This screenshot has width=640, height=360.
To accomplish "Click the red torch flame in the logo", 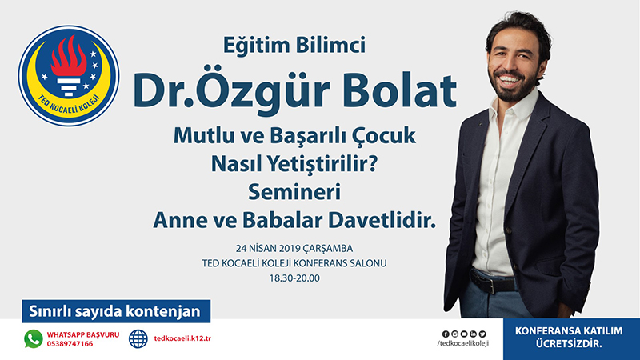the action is pyautogui.click(x=69, y=57).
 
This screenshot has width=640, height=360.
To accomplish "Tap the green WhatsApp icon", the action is pyautogui.click(x=34, y=338).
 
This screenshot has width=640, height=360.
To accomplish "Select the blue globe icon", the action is pyautogui.click(x=138, y=338).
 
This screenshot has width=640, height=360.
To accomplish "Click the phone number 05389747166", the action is pyautogui.click(x=70, y=344).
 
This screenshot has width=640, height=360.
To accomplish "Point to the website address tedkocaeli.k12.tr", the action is pyautogui.click(x=182, y=338).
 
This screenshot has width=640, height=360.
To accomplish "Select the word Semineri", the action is pyautogui.click(x=294, y=192).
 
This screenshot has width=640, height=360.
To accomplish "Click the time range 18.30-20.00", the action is pyautogui.click(x=294, y=278).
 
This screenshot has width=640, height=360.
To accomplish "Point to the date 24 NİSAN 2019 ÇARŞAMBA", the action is pyautogui.click(x=294, y=248).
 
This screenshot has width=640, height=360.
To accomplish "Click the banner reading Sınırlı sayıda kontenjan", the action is pyautogui.click(x=116, y=311).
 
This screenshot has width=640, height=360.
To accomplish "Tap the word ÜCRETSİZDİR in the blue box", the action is pyautogui.click(x=569, y=344).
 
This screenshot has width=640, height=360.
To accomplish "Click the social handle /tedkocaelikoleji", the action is pyautogui.click(x=463, y=343).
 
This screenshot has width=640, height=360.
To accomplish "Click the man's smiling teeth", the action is pyautogui.click(x=508, y=79).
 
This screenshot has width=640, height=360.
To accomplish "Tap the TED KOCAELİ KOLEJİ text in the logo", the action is pyautogui.click(x=69, y=106).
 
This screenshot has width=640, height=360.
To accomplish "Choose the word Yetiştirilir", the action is pyautogui.click(x=322, y=165).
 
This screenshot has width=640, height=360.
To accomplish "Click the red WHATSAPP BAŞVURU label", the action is pyautogui.click(x=83, y=334).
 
